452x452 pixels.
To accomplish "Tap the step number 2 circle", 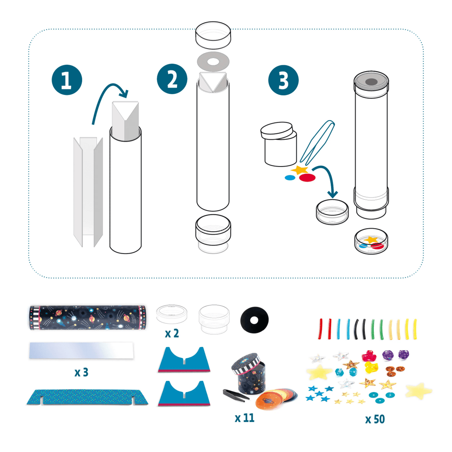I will [x=172, y=80].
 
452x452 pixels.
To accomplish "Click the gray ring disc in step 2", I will [x=213, y=62].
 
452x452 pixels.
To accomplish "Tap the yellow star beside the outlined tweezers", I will [x=300, y=170].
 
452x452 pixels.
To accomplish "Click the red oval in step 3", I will [x=308, y=178].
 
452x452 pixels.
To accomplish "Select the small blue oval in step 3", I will [x=290, y=177].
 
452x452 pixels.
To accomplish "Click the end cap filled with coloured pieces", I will [x=372, y=242].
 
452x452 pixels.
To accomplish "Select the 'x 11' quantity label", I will [x=244, y=418].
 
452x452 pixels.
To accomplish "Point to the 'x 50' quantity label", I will [x=375, y=419].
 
